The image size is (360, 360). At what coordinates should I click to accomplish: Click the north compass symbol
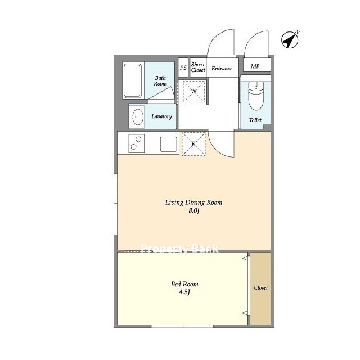tap(290, 40)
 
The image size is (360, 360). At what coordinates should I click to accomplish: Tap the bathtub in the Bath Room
tap(132, 80)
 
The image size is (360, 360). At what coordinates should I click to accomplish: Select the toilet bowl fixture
tap(256, 96)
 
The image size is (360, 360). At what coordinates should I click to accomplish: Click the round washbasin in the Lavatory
tap(138, 116)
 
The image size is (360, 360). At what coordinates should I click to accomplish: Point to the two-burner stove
tap(136, 143)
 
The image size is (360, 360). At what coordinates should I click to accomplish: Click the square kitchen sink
tap(169, 144)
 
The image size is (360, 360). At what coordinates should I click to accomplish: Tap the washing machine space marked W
tap(193, 91)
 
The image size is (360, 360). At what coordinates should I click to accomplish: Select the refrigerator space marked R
tap(193, 144)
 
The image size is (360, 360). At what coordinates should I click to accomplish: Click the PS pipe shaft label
tap(183, 67)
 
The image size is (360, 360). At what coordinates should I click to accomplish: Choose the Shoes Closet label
tap(198, 67)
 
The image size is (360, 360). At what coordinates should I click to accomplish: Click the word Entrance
tap(222, 69)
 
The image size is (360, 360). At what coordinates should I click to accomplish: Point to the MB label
tap(255, 66)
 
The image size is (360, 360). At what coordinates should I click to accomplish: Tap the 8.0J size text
tap(193, 210)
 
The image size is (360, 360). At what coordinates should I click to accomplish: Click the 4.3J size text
tap(184, 292)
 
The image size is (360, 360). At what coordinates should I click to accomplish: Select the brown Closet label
tap(260, 287)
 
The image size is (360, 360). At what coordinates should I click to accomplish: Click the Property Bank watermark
tap(179, 249)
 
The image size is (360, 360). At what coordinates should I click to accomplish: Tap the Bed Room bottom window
tap(182, 326)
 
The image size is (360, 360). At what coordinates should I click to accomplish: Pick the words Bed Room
tap(184, 284)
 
